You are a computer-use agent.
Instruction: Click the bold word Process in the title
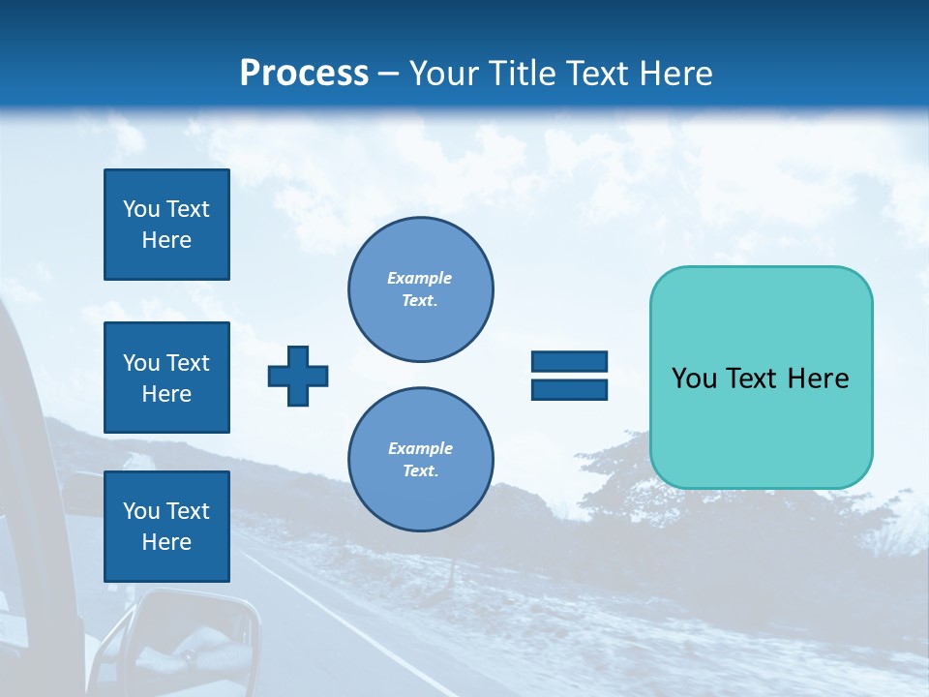[x=304, y=74]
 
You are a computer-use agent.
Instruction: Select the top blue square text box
[x=166, y=225]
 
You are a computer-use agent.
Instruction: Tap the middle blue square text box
[x=166, y=378]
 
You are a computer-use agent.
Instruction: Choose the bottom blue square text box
[x=166, y=527]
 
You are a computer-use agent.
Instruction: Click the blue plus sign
[x=298, y=376]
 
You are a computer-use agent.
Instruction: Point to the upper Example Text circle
[x=420, y=288]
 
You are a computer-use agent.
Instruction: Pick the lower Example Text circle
[x=420, y=459]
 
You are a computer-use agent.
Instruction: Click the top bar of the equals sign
[x=569, y=362]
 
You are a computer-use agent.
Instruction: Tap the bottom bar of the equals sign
[x=569, y=390]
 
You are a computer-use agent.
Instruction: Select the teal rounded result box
[x=761, y=378]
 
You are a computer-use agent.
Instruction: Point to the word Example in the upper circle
[x=420, y=278]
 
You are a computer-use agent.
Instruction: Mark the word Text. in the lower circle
[x=420, y=471]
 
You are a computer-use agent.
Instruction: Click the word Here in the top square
[x=166, y=240]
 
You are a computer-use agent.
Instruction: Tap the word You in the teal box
[x=693, y=379]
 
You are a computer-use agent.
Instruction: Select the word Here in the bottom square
[x=166, y=542]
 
